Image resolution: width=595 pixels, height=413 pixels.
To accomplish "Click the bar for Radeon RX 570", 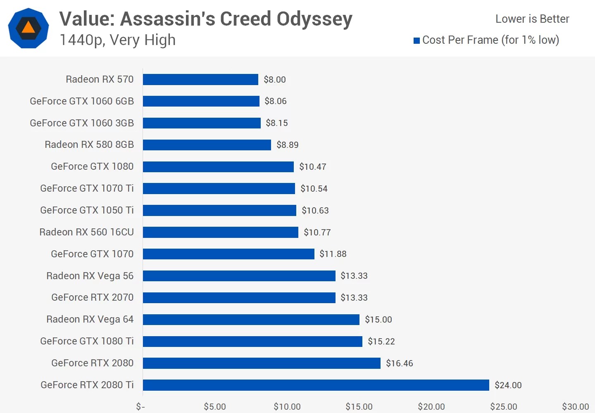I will [200, 79].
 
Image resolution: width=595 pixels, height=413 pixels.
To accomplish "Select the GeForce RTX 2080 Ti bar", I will [316, 385].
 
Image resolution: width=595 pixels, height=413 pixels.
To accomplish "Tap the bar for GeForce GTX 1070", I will [228, 254].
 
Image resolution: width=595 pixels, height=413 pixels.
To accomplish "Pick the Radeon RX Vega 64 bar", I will [251, 319].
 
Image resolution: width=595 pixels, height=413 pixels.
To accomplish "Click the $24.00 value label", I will [508, 385].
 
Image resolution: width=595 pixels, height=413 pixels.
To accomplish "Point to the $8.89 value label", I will [287, 145].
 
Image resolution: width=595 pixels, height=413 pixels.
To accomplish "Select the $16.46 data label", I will [399, 363].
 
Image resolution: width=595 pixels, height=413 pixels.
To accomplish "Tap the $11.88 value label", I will [333, 254].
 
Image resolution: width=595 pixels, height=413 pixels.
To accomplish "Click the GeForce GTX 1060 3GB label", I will [82, 123].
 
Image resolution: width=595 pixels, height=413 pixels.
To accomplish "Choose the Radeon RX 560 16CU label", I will [86, 232].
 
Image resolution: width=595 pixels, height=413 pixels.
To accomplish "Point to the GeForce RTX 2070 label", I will [92, 297].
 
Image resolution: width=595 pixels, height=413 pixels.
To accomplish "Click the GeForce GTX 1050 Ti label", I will [87, 210].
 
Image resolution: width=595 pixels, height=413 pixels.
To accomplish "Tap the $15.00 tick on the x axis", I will [359, 407].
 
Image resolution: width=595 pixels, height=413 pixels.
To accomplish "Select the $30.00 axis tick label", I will [575, 407].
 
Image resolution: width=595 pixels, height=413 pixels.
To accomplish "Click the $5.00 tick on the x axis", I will [215, 407].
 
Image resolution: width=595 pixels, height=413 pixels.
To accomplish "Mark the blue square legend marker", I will [416, 40].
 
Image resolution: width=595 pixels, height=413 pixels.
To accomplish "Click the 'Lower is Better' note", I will [532, 19].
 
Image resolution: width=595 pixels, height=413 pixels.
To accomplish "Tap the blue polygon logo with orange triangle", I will [29, 28].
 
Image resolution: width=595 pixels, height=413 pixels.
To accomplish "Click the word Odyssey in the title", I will [314, 19].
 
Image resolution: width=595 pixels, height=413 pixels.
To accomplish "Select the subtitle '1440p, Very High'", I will [118, 40].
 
